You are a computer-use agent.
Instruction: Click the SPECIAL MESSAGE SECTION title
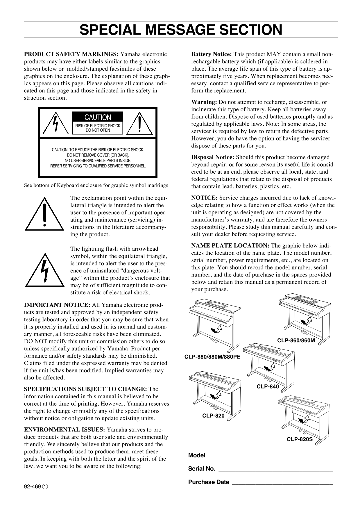click(181, 30)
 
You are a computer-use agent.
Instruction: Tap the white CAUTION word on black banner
click(98, 117)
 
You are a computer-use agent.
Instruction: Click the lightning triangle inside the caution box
click(55, 124)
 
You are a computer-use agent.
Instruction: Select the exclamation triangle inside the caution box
click(140, 124)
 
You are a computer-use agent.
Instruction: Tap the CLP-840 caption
click(268, 386)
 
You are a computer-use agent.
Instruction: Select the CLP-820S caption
click(300, 439)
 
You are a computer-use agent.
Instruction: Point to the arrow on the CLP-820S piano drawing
click(304, 420)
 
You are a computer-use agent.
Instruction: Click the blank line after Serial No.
click(275, 469)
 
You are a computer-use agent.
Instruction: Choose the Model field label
click(196, 455)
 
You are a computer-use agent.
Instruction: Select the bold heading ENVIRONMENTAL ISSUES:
click(64, 430)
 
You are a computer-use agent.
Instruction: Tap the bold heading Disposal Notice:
click(212, 157)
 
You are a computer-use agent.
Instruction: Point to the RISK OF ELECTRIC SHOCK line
click(98, 126)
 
